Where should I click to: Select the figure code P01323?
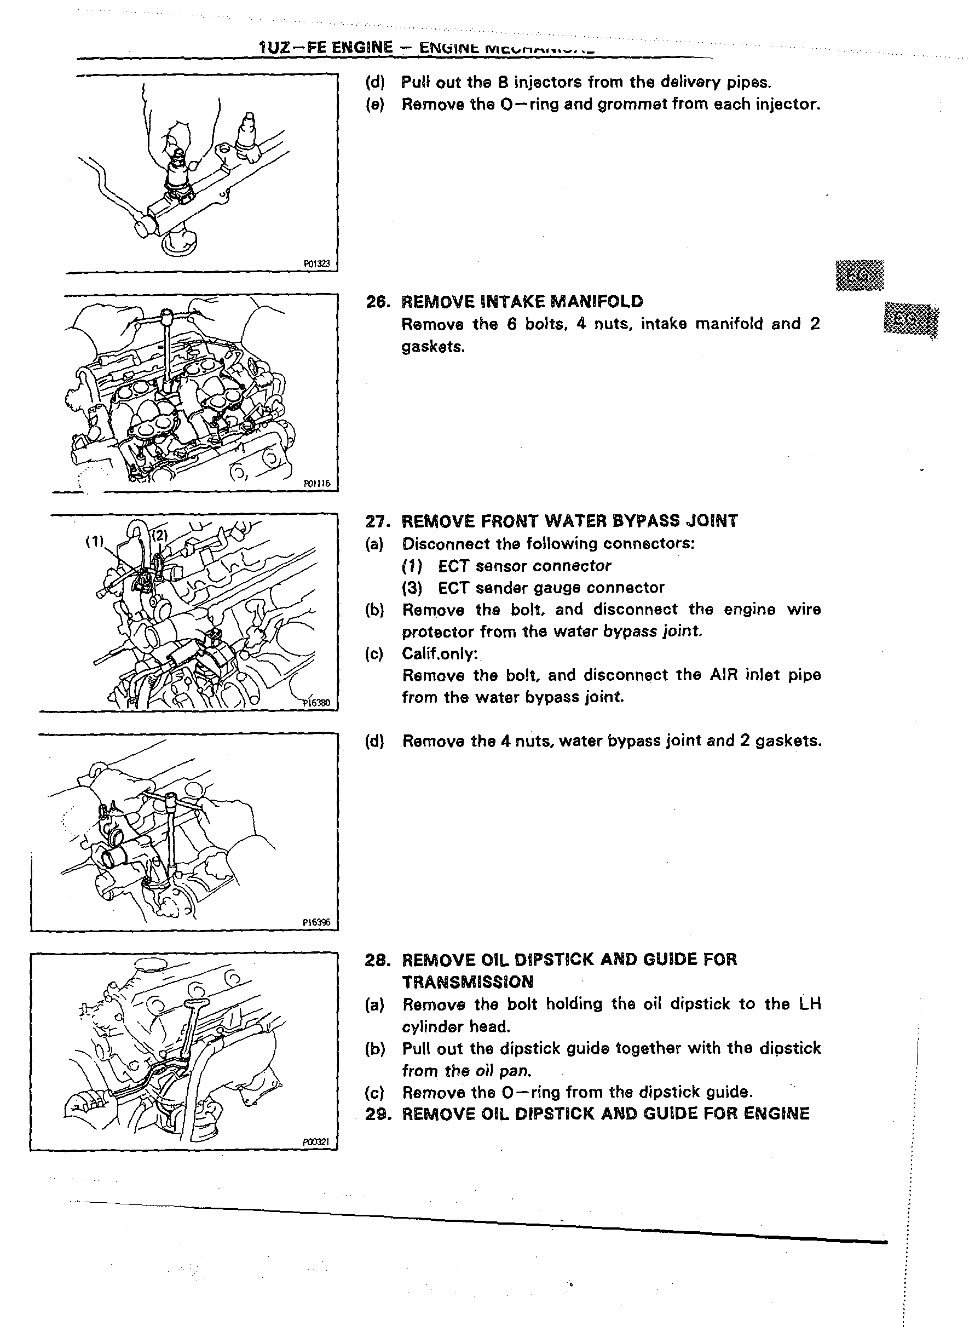[x=316, y=265]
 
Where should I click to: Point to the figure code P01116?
[x=317, y=484]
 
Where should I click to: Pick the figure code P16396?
[x=316, y=923]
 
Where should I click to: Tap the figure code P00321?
[x=316, y=1142]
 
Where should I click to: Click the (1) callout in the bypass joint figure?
[x=95, y=542]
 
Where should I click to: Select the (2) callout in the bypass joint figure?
[x=160, y=535]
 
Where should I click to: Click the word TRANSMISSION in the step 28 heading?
[x=468, y=983]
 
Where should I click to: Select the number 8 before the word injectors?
[x=503, y=82]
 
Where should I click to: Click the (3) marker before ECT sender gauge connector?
[x=412, y=588]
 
